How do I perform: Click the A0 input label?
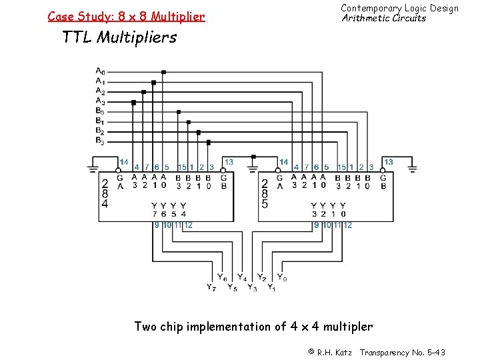[x=99, y=71]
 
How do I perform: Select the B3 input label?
[x=99, y=141]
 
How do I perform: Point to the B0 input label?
[x=99, y=111]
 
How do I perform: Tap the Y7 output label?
[x=211, y=288]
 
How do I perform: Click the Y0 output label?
[x=282, y=277]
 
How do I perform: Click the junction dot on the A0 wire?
[x=163, y=72]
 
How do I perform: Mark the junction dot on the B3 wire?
[x=209, y=142]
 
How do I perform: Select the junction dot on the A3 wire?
[x=133, y=103]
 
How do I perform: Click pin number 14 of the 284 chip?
[x=123, y=162]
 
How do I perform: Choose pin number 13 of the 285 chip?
[x=389, y=162]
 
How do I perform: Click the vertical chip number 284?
[x=105, y=193]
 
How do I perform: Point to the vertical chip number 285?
[x=265, y=193]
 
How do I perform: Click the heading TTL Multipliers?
[x=119, y=37]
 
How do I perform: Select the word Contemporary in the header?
[x=371, y=8]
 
